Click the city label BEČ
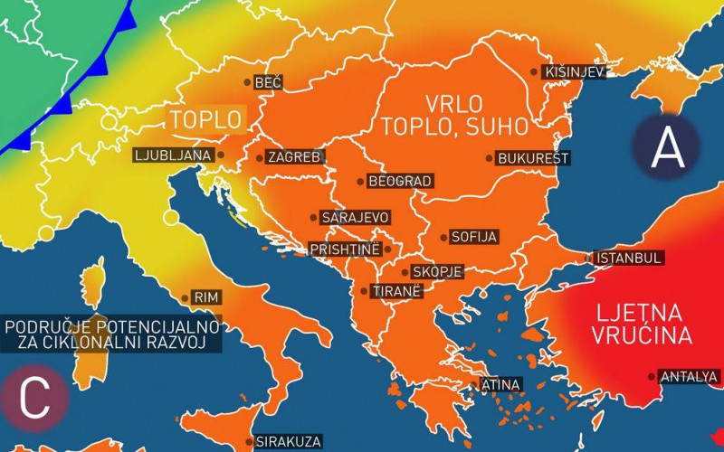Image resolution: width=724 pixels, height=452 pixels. tap(269, 82)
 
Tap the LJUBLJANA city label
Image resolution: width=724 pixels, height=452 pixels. tap(173, 155)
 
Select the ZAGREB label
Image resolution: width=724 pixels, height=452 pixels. tap(294, 157)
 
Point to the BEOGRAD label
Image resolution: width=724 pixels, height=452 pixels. tap(400, 181)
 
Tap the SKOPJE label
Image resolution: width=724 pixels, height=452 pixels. tap(437, 271)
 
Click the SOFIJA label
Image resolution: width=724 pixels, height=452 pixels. tap(475, 237)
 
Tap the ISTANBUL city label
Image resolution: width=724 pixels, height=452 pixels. tap(629, 258)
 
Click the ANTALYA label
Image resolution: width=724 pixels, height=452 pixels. tap(690, 376)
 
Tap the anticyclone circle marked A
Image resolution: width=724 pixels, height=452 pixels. tap(667, 146)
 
